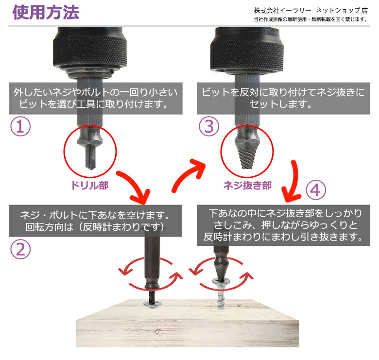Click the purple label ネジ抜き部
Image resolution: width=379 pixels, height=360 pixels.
247,186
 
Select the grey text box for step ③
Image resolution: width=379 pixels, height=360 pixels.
281,99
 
